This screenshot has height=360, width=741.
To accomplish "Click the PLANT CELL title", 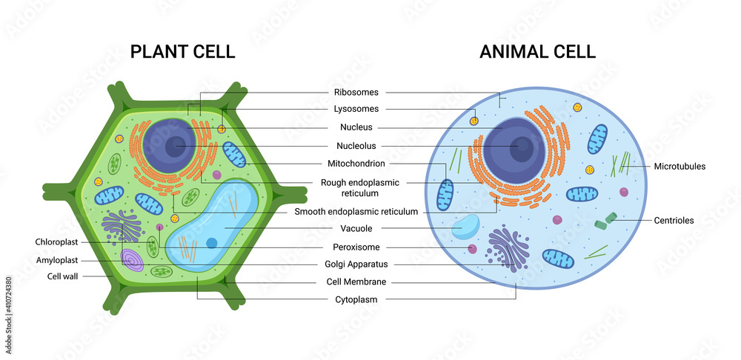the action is [182, 51].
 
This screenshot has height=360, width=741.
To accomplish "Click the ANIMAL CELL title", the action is [537, 51].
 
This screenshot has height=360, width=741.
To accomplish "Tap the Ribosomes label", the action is [356, 93].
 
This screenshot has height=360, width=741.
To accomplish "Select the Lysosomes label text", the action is [356, 110].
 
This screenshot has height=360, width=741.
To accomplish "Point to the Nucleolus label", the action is [356, 145].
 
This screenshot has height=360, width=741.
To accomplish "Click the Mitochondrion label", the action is [356, 163].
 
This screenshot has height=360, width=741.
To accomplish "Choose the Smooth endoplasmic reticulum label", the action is [356, 211].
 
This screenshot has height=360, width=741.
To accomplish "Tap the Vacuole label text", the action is [356, 229].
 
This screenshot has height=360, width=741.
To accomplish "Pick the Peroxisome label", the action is [356, 247].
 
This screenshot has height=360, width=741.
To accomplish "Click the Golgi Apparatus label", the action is [356, 264].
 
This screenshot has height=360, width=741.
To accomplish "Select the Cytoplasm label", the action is [356, 299].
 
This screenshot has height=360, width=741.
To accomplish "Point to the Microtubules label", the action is [679, 167].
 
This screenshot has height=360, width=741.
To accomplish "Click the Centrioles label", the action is [674, 220].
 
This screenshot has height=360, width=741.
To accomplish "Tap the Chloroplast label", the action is [56, 242].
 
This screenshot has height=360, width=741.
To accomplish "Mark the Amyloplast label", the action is [57, 260].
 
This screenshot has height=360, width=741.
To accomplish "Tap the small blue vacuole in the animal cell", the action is [465, 226].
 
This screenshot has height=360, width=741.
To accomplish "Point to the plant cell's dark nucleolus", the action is [176, 146].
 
